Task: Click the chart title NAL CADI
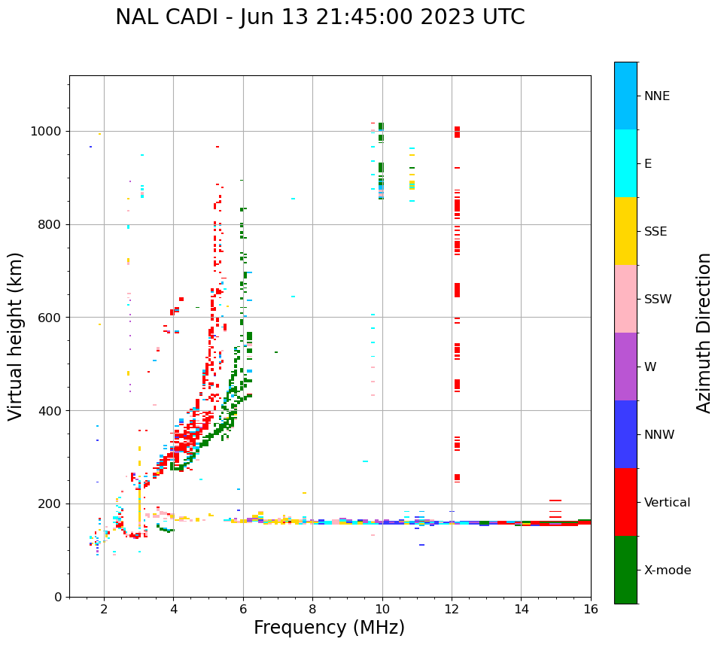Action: click(x=320, y=17)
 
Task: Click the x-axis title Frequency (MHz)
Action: click(x=329, y=628)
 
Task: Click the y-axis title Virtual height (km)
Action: click(x=16, y=336)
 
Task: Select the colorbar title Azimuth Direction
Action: click(x=704, y=333)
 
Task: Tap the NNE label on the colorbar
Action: click(x=656, y=96)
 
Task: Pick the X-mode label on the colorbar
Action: click(x=667, y=570)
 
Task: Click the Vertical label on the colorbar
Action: click(x=667, y=503)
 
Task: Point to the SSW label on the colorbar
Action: click(x=658, y=300)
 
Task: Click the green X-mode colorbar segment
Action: click(x=625, y=570)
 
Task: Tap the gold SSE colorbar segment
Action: click(x=625, y=231)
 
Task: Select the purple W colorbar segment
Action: click(x=625, y=367)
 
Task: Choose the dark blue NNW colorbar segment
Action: click(x=625, y=434)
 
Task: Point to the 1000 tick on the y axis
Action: click(x=49, y=132)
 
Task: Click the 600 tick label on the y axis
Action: click(x=52, y=318)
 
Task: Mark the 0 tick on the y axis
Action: click(x=59, y=597)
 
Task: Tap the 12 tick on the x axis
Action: click(x=452, y=608)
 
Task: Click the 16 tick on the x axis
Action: click(x=591, y=608)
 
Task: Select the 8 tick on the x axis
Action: click(x=312, y=608)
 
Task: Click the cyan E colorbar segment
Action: click(x=625, y=163)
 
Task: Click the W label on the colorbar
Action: click(x=651, y=367)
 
